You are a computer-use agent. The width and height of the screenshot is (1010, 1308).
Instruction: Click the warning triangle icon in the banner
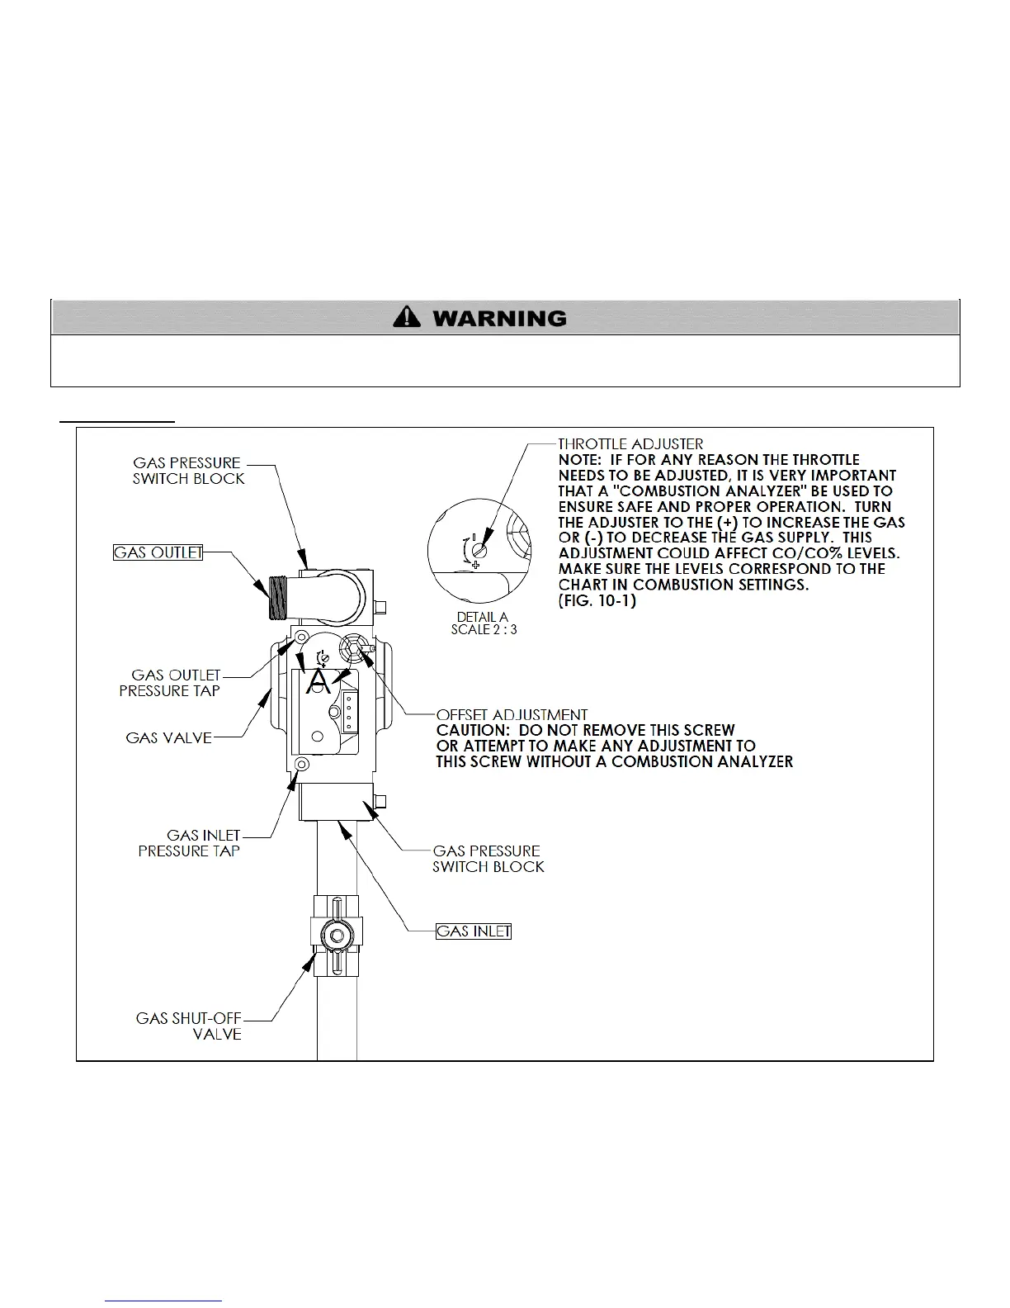pos(407,317)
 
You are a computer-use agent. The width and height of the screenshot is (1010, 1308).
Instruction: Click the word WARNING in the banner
pos(499,318)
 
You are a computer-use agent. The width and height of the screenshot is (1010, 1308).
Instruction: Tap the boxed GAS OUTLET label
pos(158,552)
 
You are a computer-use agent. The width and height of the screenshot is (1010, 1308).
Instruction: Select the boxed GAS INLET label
pos(474,931)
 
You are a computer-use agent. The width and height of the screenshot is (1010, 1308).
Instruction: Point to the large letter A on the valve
pos(319,682)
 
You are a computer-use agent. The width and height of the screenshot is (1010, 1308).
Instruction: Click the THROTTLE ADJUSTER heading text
pos(631,444)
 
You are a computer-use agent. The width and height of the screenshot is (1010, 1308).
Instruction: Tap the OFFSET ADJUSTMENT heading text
pos(512,714)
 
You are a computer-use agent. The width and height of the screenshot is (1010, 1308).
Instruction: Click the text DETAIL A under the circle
pos(482,617)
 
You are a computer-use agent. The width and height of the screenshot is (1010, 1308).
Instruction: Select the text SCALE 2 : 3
pos(484,629)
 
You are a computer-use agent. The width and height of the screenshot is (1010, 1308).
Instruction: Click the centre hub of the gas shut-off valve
pos(333,936)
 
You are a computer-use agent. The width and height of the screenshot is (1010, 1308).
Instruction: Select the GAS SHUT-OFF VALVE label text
pos(189,1026)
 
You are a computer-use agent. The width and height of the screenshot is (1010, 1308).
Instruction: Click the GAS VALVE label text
pos(168,737)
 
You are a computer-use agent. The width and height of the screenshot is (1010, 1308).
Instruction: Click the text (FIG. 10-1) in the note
pos(597,601)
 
